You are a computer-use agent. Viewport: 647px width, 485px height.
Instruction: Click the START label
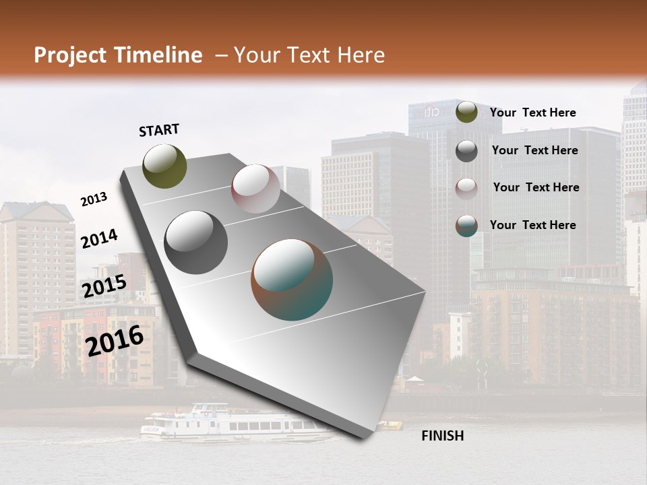click(x=159, y=130)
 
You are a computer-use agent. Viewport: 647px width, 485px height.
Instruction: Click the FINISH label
click(x=443, y=436)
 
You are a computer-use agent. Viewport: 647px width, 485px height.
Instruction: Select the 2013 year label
click(x=94, y=199)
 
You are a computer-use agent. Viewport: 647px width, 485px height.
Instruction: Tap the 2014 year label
click(x=98, y=239)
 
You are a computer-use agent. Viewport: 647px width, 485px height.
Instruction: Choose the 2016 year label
click(x=115, y=341)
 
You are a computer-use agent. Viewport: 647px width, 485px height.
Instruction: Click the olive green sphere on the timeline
click(x=165, y=166)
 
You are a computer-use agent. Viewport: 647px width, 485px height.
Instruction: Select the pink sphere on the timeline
click(x=255, y=189)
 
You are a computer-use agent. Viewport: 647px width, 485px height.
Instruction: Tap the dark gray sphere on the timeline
click(x=196, y=243)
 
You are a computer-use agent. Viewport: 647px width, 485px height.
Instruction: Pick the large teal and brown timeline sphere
click(x=292, y=280)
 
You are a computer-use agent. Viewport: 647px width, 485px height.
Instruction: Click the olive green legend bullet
click(x=466, y=112)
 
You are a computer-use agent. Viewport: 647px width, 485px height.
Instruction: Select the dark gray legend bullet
click(x=466, y=151)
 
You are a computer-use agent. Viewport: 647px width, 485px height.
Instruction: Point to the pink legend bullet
click(x=466, y=188)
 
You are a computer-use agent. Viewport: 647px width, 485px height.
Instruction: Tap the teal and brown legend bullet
click(x=466, y=226)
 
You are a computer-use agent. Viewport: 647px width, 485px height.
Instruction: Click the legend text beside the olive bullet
click(x=532, y=112)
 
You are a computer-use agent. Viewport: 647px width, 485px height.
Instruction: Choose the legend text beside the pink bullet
click(x=536, y=187)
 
